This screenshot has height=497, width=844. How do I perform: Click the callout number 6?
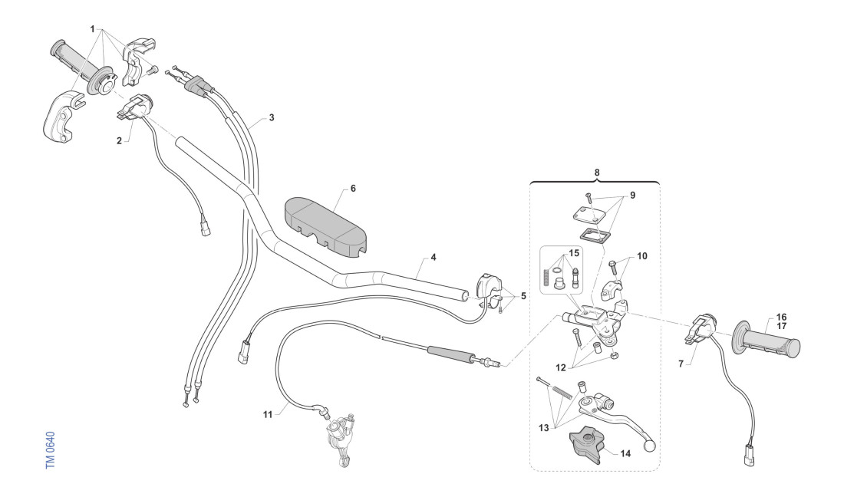[x=353, y=188]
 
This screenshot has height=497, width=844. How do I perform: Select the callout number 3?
[x=271, y=118]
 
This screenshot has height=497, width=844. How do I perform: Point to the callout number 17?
[x=781, y=325]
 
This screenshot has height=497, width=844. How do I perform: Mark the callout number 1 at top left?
[x=92, y=29]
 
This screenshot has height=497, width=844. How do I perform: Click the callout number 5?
[x=524, y=295]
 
